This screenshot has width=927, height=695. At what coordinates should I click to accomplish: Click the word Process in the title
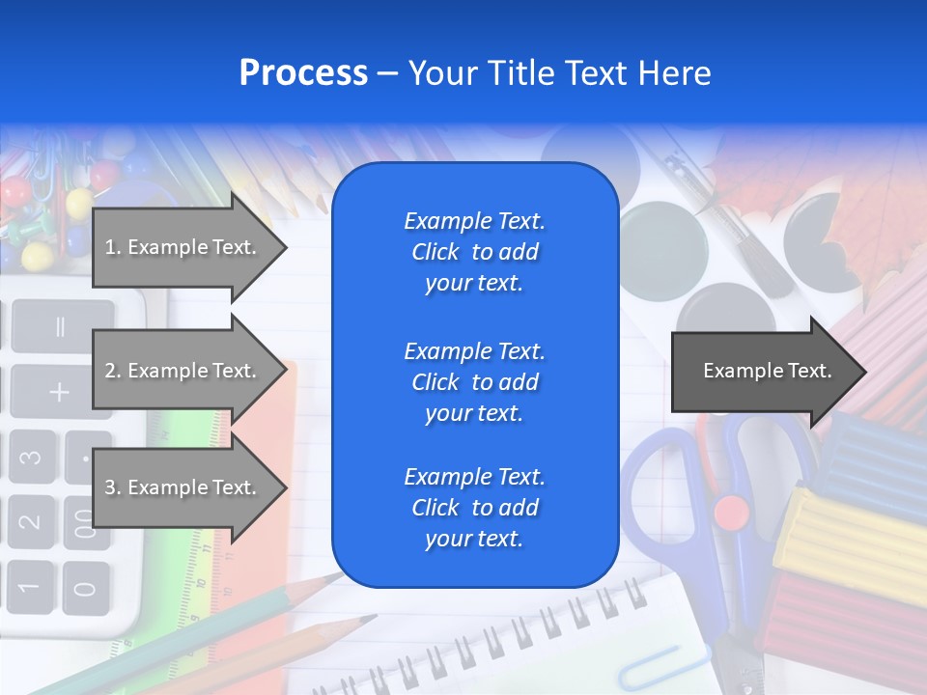(303, 73)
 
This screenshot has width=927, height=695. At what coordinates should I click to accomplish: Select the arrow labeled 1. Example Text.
(183, 247)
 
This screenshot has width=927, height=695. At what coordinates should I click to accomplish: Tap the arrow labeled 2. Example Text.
(183, 371)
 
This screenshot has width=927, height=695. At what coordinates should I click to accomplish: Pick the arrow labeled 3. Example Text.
(183, 487)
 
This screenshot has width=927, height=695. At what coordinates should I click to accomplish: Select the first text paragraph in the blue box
(474, 252)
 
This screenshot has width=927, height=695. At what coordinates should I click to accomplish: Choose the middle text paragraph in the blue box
(474, 382)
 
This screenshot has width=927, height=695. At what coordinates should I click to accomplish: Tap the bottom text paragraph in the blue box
(474, 508)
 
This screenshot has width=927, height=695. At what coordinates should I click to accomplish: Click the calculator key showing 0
(85, 587)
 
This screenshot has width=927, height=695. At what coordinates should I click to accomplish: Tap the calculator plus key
(59, 391)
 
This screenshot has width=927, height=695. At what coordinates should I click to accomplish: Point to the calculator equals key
(60, 326)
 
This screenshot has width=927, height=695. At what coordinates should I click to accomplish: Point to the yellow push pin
(37, 256)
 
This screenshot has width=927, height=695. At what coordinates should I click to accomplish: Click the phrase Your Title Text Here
(559, 73)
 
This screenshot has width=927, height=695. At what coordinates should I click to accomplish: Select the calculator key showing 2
(30, 521)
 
